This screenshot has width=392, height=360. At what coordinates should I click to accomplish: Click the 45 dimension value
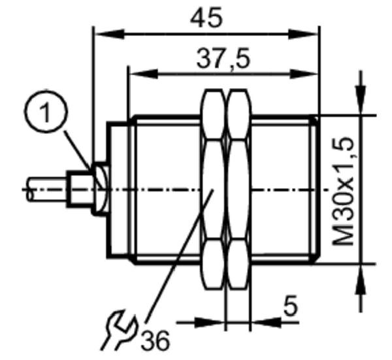click(x=206, y=17)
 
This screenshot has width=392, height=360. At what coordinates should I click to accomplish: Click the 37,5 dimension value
click(x=223, y=59)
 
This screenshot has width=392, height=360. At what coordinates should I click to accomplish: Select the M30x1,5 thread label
click(x=344, y=191)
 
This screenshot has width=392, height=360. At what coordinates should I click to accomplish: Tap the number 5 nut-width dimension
click(x=291, y=305)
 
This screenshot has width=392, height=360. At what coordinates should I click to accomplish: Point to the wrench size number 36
click(x=155, y=340)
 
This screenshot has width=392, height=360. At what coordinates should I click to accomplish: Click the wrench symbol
click(x=120, y=330)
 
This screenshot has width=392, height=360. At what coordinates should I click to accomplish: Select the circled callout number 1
click(x=46, y=111)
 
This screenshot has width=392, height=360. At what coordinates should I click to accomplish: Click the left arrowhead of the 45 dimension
click(x=109, y=34)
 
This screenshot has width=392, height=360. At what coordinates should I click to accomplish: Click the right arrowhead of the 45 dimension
click(x=304, y=34)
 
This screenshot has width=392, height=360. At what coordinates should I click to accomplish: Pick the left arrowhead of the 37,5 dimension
click(x=144, y=74)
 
